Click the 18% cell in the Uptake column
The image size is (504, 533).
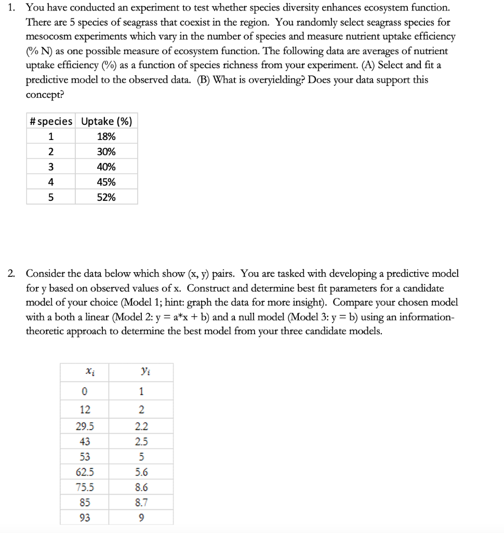tap(107, 136)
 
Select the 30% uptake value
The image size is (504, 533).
tap(107, 152)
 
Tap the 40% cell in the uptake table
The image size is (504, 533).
tap(107, 167)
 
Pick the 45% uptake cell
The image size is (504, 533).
tap(107, 182)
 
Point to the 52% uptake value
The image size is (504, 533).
tap(107, 197)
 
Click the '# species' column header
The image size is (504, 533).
tap(51, 121)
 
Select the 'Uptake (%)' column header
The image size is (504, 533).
tap(107, 121)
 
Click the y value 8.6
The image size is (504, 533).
tap(141, 488)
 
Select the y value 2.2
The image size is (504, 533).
tap(141, 426)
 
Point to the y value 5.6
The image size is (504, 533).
tap(141, 472)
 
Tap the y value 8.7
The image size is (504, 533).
tap(141, 503)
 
